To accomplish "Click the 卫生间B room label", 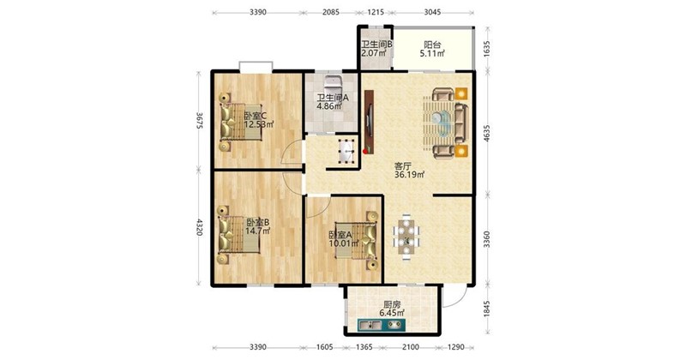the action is click(376, 45).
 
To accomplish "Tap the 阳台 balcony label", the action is click(432, 45).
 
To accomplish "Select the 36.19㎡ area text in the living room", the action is click(410, 175).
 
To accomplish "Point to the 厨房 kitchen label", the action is click(392, 305).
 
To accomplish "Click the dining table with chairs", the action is click(406, 237).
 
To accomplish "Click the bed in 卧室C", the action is click(241, 122).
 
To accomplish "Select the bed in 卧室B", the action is click(239, 235).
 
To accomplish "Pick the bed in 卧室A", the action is click(356, 241).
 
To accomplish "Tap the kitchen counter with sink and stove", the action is click(381, 325).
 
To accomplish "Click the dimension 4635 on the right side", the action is click(487, 133).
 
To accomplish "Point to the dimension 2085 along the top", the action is click(331, 12).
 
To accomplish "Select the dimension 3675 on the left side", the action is click(199, 120).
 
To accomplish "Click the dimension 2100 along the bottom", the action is click(411, 347).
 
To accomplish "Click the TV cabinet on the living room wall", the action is click(370, 122).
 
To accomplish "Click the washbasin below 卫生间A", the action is click(348, 152).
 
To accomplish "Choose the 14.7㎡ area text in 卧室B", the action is click(257, 231).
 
